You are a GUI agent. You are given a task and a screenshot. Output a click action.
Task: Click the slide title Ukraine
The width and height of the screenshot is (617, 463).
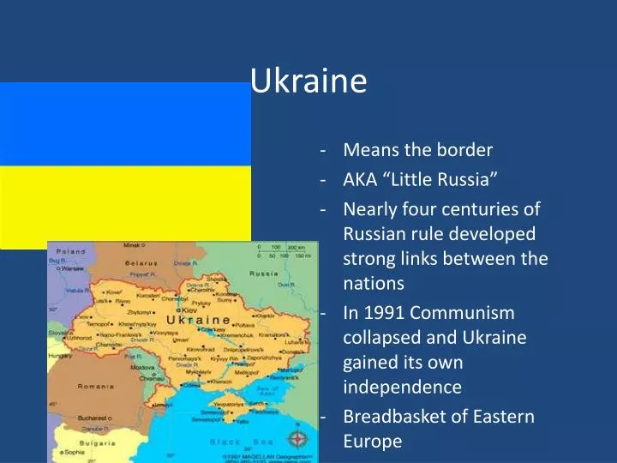[x=308, y=81]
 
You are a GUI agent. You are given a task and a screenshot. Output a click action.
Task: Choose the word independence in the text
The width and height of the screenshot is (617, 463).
[x=402, y=387]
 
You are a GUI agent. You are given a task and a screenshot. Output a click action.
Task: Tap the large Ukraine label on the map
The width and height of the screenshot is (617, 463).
[x=198, y=320]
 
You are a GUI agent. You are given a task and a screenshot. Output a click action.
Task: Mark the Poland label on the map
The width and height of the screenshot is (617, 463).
[x=70, y=252]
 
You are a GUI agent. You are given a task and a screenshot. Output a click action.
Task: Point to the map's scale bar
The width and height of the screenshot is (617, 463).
[x=284, y=252]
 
